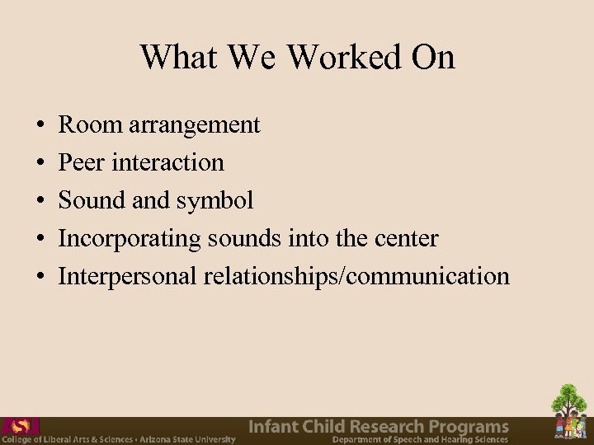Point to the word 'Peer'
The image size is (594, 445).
(81, 162)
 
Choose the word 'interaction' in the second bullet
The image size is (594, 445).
(167, 162)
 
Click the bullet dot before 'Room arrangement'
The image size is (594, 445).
(41, 126)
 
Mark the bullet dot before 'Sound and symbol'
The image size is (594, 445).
(41, 201)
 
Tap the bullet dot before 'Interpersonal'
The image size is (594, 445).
(41, 277)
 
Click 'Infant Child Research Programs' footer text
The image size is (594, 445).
(379, 426)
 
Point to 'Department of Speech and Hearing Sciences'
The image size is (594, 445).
(420, 440)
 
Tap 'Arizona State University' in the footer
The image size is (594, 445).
(187, 440)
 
